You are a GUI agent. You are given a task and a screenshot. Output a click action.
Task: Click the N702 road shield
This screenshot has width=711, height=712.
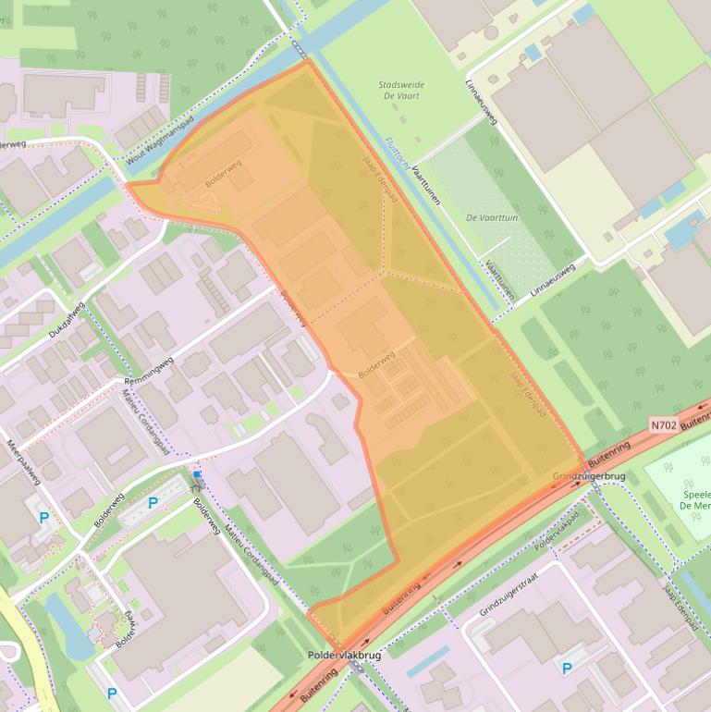[662, 425]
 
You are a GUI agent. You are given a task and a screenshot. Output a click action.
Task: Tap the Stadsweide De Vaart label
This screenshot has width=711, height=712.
[401, 90]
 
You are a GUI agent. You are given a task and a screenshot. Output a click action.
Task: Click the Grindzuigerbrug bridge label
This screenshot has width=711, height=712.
[589, 476]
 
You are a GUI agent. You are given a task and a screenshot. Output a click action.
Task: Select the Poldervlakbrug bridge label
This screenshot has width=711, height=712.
[344, 655]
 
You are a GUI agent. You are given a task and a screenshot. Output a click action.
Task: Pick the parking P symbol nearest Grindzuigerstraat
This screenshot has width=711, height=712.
[567, 668]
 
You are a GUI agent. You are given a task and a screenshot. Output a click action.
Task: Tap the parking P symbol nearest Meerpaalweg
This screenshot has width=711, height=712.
[43, 518]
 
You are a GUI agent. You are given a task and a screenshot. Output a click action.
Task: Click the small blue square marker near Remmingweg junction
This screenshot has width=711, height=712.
[197, 474]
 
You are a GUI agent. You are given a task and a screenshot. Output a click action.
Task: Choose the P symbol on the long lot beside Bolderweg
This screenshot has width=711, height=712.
[153, 502]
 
